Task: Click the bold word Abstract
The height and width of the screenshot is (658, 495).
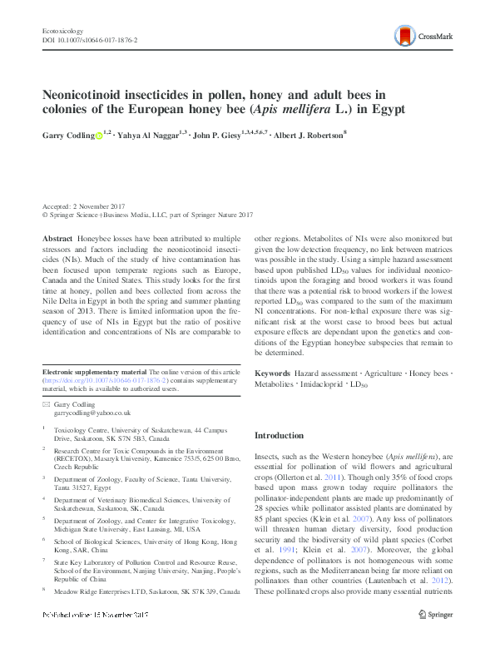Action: point(57,239)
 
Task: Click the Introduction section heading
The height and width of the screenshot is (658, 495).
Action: point(279,435)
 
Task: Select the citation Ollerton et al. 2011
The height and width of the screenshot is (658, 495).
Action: point(310,480)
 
